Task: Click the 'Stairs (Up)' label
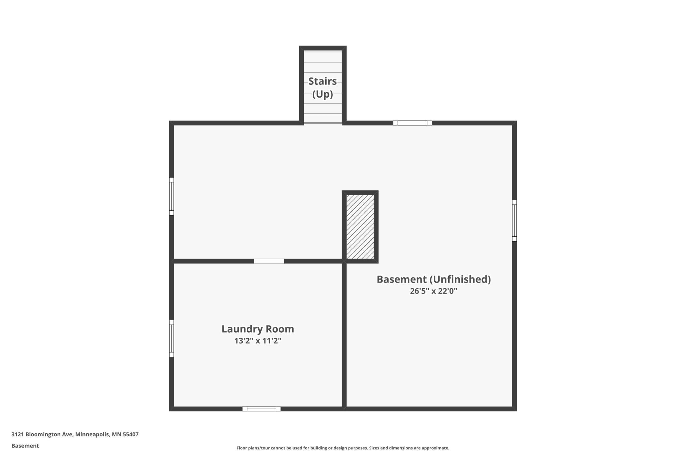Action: point(323,87)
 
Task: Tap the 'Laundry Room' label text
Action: point(258,329)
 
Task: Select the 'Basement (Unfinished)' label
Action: point(434,279)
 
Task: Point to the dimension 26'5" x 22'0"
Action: point(434,291)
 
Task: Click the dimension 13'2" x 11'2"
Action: point(258,341)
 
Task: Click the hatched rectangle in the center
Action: point(360,227)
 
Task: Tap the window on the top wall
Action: point(412,123)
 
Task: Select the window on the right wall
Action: point(514,221)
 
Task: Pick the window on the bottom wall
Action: point(262,409)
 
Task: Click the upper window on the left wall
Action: point(171,197)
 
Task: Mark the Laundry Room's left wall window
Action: point(171,338)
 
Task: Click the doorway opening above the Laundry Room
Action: point(269,261)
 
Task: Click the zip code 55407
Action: point(131,434)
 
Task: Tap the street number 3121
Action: point(17,434)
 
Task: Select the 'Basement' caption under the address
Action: point(25,446)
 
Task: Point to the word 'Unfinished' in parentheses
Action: point(460,279)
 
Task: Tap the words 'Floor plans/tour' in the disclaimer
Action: point(253,448)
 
